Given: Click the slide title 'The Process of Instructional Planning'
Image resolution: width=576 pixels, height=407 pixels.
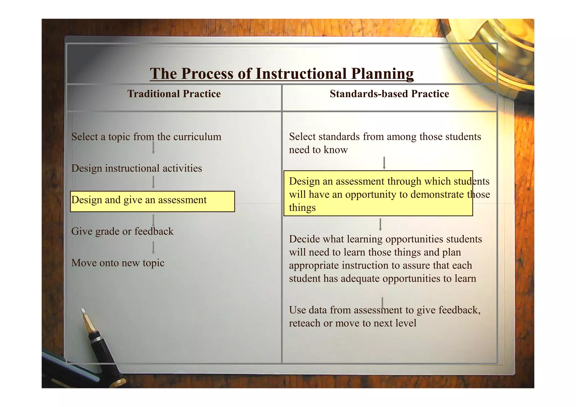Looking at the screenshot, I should coord(282,74).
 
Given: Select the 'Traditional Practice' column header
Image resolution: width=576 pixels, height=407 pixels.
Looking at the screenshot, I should coord(174,94).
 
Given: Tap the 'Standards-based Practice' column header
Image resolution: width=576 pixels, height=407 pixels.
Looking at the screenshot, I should coord(389,94).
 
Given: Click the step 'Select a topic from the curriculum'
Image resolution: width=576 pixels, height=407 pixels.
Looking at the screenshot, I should coord(146,137).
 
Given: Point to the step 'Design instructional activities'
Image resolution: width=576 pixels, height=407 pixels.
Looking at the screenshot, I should coord(137,168).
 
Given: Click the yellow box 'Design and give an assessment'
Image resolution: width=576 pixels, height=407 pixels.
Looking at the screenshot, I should coord(152,201).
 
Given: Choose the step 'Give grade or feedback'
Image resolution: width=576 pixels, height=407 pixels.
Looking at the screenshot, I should coord(122,231).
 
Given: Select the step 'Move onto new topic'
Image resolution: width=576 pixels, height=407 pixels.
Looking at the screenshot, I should coord(118,263).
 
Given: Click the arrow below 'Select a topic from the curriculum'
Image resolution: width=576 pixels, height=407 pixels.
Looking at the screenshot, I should coord(153,148).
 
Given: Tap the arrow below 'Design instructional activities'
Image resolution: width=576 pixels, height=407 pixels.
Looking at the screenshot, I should coord(153,182).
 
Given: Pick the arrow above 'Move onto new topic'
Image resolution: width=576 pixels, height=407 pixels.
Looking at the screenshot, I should coord(153,248).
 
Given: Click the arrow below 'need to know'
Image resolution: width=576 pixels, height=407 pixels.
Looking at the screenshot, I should coord(384,163).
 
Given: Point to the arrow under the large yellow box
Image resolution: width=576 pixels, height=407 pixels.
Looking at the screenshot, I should coord(380,225).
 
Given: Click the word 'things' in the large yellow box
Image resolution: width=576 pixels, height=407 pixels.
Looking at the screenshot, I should coord(302,208).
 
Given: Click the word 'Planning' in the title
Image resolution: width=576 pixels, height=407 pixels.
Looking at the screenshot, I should coord(382,74).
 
